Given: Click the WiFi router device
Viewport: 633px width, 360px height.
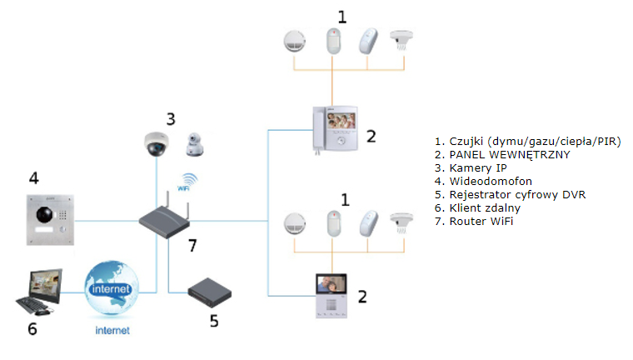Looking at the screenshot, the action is click(x=164, y=220).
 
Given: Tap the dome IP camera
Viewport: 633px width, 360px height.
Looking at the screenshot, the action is click(x=157, y=144).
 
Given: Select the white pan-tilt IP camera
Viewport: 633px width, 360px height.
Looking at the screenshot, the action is click(x=195, y=145).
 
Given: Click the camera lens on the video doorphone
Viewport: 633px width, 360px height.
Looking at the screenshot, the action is click(x=44, y=214).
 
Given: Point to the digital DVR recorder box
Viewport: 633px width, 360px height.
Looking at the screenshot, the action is click(x=210, y=293).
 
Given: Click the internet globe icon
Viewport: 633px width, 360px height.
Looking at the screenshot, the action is click(x=111, y=288).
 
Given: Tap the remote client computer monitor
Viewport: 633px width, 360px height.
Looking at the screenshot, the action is click(x=45, y=286).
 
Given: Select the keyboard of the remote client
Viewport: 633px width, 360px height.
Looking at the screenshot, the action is click(x=32, y=306).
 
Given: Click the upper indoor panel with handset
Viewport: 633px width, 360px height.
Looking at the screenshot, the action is click(x=335, y=129).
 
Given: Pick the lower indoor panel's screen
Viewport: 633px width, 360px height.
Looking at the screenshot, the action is click(x=331, y=283).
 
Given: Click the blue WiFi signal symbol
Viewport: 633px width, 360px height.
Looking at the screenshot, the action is click(x=187, y=182).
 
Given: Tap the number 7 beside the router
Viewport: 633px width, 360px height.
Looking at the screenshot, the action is click(x=192, y=245).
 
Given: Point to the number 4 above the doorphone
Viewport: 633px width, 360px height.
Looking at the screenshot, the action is click(x=34, y=177).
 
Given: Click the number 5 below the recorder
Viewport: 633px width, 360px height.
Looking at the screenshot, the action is click(x=214, y=321).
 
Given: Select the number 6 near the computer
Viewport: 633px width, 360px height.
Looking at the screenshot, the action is click(x=32, y=329).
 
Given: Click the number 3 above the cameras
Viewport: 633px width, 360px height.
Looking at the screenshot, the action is click(x=171, y=119).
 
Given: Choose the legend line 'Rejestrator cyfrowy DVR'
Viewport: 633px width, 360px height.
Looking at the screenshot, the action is click(x=510, y=195).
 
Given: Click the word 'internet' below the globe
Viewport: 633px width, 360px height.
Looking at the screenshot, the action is click(x=112, y=331).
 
